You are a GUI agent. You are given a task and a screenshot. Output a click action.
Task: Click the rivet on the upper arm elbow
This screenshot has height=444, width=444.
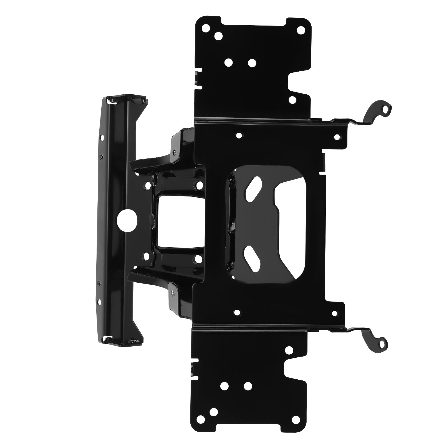tap(174, 153)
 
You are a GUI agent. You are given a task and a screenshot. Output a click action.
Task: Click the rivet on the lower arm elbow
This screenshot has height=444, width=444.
tap(173, 291)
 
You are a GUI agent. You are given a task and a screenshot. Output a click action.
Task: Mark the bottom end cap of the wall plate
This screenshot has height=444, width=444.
tap(122, 339)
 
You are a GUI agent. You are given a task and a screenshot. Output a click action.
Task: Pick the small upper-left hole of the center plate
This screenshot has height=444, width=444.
tap(238, 135)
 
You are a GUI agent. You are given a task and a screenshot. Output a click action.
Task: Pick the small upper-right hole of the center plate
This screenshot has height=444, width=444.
tap(337, 137)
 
